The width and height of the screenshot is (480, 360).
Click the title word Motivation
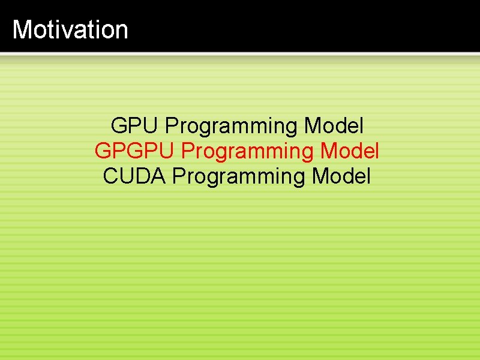click(70, 29)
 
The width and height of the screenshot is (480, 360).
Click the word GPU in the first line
click(134, 126)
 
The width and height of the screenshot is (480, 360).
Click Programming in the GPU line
click(232, 127)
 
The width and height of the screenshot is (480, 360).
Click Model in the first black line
click(334, 126)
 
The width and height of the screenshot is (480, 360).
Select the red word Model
click(349, 151)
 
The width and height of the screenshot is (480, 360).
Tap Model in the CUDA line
click(341, 176)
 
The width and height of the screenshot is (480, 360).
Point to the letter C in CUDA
click(111, 176)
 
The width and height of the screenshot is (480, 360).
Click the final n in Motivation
click(122, 30)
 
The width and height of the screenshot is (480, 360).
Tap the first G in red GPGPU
click(103, 151)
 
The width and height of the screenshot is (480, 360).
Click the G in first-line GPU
click(119, 126)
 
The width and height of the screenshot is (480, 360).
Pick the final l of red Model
click(377, 151)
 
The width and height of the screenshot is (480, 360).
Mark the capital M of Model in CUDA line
click(320, 176)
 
